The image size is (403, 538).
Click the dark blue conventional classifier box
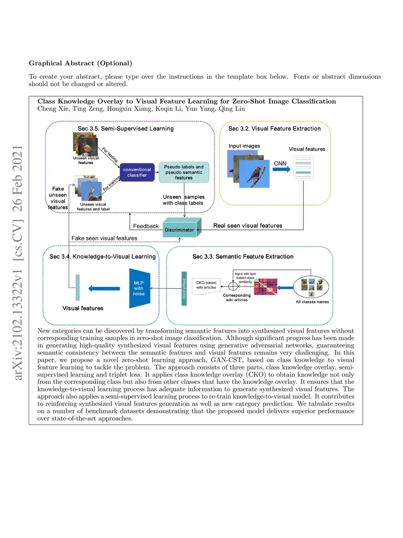(137, 172)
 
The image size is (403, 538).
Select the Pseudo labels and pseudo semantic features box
(184, 172)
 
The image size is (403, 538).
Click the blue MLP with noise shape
(139, 288)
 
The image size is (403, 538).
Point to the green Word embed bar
(184, 289)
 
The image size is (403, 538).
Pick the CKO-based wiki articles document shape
(206, 285)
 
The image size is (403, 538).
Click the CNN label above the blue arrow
(280, 163)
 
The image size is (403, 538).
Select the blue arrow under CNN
(281, 169)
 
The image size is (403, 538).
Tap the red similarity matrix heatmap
(266, 287)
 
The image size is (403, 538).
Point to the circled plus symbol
(233, 286)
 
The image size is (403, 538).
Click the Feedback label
(146, 226)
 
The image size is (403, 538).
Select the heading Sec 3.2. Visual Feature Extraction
(274, 128)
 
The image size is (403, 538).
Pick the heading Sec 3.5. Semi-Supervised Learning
(126, 128)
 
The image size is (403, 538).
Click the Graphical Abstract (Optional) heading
(80, 63)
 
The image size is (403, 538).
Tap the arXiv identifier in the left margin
(18, 262)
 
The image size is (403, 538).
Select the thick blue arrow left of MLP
(104, 289)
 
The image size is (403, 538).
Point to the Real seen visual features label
(248, 225)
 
